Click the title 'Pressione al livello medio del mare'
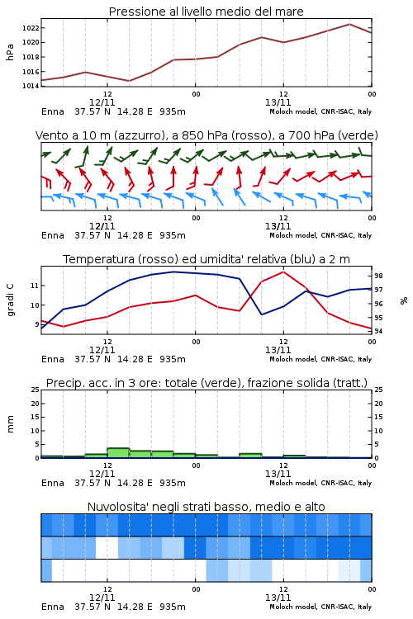point(206,12)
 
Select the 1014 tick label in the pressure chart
point(31,86)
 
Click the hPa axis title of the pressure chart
point(10,52)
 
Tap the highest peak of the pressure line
point(349,24)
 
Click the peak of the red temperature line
point(283,272)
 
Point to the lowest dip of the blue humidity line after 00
point(261,314)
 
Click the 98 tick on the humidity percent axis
point(378,276)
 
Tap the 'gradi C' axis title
point(10,300)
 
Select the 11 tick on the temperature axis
point(35,286)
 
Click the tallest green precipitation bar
point(119,453)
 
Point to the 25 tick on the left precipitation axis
point(36,390)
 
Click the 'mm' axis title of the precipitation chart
point(10,424)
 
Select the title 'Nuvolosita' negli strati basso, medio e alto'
point(206,507)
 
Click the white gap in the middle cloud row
point(107,547)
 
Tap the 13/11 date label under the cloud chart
point(278,598)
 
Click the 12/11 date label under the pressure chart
point(102,102)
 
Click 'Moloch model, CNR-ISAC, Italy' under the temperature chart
point(320,359)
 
